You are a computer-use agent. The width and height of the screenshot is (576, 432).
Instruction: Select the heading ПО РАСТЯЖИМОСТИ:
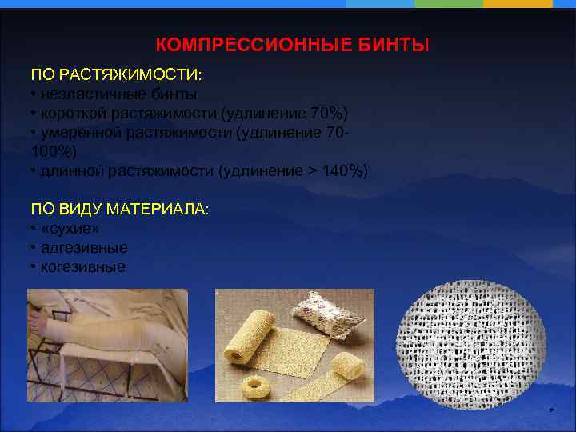pyautogui.click(x=117, y=74)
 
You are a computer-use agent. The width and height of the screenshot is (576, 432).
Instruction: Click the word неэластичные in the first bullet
pyautogui.click(x=81, y=94)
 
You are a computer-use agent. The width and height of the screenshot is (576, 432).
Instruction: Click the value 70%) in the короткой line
pyautogui.click(x=328, y=112)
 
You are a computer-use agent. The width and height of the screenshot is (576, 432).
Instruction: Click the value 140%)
pyautogui.click(x=344, y=170)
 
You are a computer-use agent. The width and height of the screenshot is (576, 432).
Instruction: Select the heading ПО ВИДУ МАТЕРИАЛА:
pyautogui.click(x=119, y=209)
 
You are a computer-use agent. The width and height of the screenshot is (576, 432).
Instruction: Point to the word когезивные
pyautogui.click(x=82, y=267)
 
